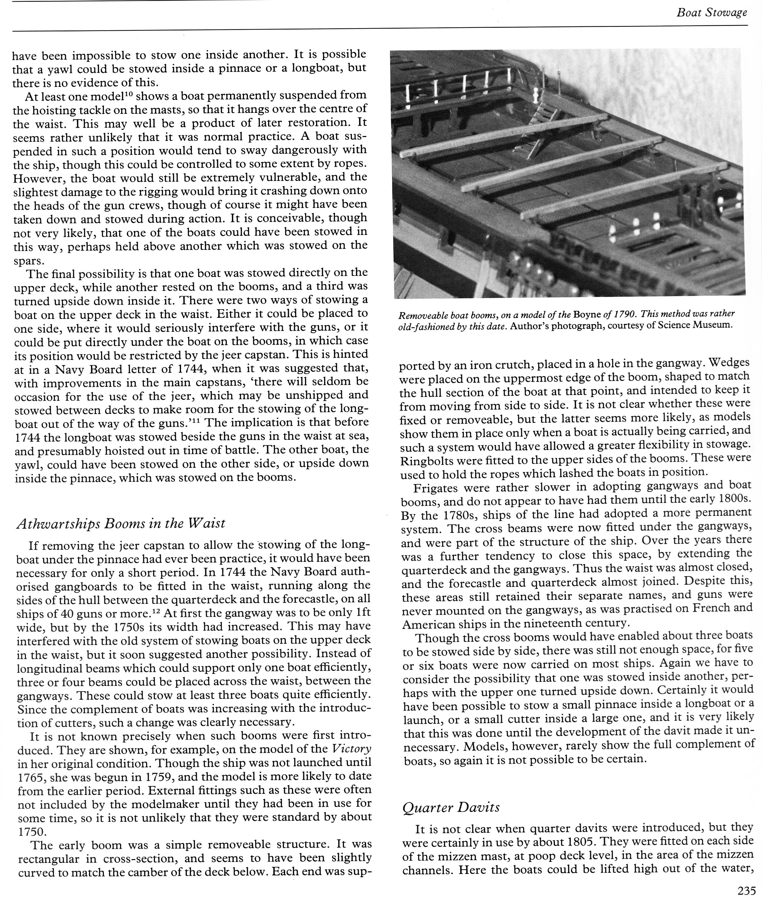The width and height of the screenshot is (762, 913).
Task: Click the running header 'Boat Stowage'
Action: (712, 13)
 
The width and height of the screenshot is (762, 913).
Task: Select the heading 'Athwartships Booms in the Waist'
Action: (120, 523)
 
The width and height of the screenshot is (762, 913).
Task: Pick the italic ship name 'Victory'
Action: (351, 749)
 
